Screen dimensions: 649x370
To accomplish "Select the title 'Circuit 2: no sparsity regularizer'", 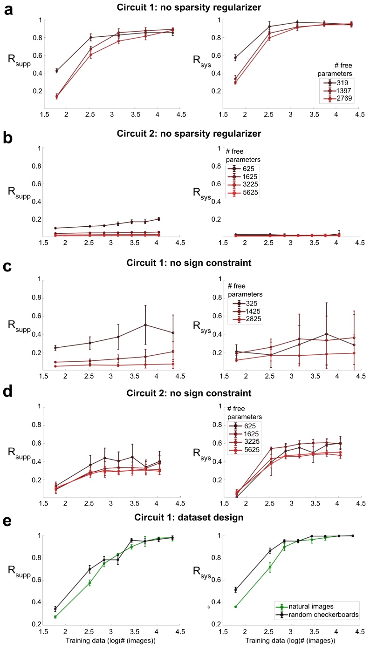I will pyautogui.click(x=187, y=136).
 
